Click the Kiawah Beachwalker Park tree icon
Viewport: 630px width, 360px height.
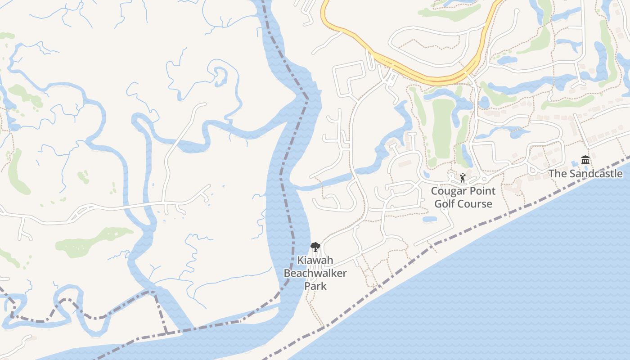pos(315,247)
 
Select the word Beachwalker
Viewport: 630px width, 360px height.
pos(315,273)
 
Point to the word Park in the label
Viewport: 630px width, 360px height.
pos(315,286)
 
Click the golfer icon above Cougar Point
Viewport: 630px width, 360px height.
pos(463,178)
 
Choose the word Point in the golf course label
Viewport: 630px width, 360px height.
pos(481,191)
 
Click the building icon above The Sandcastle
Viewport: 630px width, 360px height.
pos(585,160)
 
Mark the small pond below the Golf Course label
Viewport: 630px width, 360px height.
pos(430,219)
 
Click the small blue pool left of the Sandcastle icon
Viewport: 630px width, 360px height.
pos(573,163)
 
